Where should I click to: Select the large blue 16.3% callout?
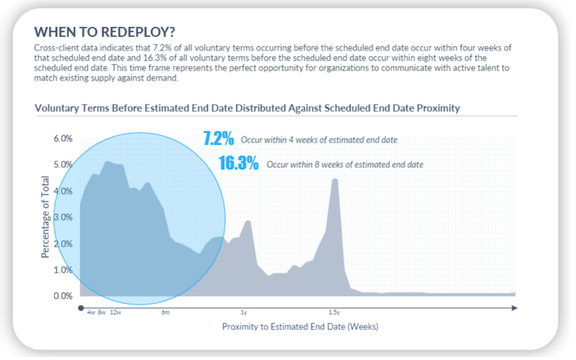click(x=238, y=163)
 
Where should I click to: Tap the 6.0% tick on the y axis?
click(x=63, y=138)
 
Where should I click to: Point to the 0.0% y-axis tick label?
click(x=63, y=296)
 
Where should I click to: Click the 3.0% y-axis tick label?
click(x=63, y=217)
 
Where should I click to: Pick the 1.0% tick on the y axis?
click(x=63, y=270)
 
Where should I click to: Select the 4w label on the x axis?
click(x=91, y=313)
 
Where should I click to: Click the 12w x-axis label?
click(x=115, y=313)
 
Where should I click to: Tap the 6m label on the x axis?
click(x=165, y=313)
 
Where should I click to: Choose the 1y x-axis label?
click(x=243, y=313)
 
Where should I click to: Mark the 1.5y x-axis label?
click(x=334, y=313)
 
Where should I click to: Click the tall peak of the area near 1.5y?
click(x=334, y=181)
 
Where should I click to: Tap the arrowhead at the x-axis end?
click(x=514, y=307)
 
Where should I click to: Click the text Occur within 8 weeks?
click(x=345, y=165)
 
